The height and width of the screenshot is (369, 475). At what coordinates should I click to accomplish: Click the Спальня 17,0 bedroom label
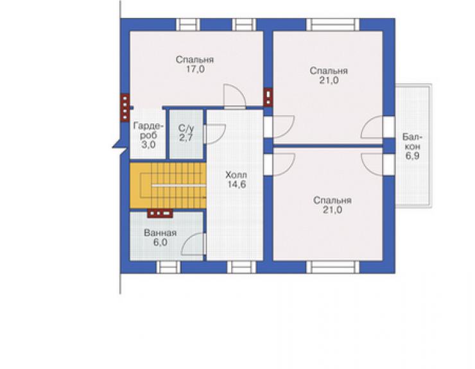(194, 64)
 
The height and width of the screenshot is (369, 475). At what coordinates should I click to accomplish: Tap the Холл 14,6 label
(236, 180)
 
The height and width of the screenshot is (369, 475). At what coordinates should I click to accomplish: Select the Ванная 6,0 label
(160, 237)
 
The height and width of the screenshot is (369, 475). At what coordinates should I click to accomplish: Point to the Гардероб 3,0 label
(148, 135)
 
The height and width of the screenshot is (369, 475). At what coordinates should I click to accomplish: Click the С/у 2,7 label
(186, 133)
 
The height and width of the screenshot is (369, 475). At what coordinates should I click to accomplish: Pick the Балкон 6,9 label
(412, 146)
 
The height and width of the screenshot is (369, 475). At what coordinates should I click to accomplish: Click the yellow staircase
(168, 185)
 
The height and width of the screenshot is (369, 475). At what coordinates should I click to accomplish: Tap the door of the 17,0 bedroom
(234, 96)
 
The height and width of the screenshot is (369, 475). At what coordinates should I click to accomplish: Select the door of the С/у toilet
(214, 133)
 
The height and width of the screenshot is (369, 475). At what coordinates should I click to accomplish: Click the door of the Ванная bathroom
(194, 245)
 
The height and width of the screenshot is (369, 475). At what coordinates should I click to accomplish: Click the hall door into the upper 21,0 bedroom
(279, 126)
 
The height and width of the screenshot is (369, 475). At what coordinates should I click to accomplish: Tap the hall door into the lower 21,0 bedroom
(279, 165)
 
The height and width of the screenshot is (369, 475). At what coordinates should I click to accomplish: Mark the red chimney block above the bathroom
(160, 214)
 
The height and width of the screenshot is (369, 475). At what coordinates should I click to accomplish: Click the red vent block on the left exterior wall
(125, 108)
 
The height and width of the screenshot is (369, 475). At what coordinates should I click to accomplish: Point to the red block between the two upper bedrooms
(268, 97)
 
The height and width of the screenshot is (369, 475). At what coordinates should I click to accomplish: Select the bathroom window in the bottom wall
(168, 267)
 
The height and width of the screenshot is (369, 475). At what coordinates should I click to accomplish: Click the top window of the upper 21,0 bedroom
(332, 24)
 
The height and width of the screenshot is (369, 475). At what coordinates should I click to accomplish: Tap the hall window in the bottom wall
(241, 267)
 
